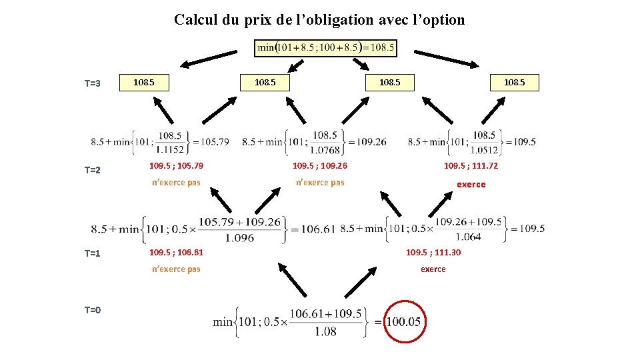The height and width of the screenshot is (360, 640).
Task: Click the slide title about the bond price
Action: tap(319, 20)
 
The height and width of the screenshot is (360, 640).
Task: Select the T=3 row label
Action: tap(92, 84)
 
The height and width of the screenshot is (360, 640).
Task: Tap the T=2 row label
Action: tap(92, 170)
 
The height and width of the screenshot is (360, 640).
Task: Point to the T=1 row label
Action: tap(92, 253)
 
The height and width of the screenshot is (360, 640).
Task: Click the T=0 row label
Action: tap(92, 309)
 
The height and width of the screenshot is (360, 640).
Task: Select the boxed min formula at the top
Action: tap(326, 47)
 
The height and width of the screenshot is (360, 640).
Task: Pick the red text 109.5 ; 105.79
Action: tap(176, 166)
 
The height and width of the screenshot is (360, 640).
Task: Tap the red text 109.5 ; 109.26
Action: tap(320, 166)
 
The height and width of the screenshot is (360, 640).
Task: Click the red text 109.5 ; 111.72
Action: tap(471, 166)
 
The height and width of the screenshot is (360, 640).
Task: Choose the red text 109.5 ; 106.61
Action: tap(176, 253)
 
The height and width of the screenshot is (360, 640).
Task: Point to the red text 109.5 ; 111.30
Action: tap(433, 253)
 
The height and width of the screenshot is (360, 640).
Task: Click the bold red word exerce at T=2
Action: tap(471, 185)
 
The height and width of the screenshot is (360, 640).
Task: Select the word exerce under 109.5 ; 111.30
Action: tap(433, 269)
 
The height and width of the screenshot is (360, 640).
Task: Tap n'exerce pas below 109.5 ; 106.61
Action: tap(176, 269)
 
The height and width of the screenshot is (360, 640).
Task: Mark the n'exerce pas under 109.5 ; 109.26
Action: tap(320, 183)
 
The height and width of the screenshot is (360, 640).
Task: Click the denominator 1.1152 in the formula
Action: tap(169, 149)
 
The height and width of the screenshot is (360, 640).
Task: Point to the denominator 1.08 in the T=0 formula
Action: tap(325, 331)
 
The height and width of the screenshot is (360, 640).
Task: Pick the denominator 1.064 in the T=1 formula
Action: tap(468, 237)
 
